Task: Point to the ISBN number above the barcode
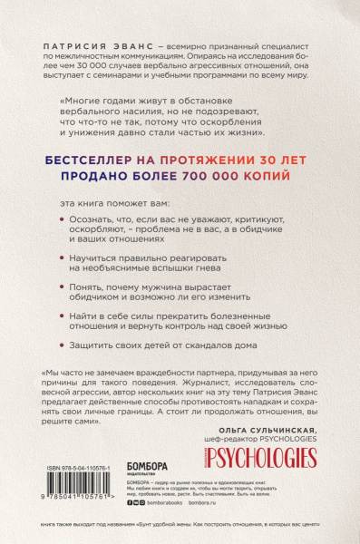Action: point(76,468)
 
